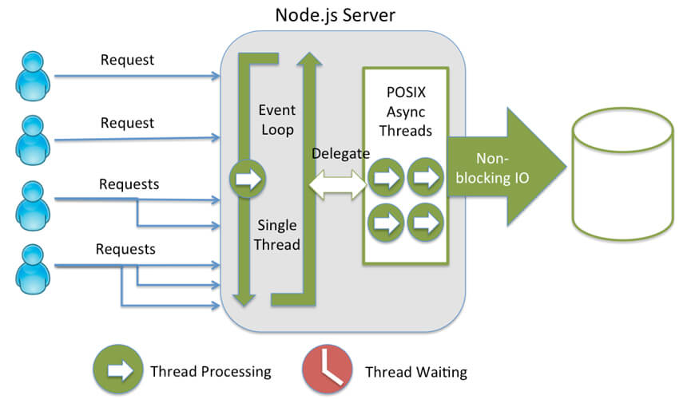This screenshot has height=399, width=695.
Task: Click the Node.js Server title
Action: coord(335,15)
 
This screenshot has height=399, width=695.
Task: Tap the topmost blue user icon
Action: coord(33,76)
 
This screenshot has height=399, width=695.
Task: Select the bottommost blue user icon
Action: coord(33,269)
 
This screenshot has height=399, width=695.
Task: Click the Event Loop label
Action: coord(277,120)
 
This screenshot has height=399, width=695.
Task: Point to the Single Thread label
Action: coord(277,235)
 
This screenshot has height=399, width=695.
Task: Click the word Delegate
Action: coord(340,154)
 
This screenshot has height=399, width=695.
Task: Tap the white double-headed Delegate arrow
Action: coord(338,184)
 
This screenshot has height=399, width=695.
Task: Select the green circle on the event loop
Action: coord(248,179)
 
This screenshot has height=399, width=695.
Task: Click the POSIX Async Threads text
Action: coord(406,112)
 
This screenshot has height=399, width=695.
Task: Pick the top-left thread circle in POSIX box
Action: coord(386,178)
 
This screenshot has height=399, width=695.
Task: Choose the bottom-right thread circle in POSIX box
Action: coord(426,223)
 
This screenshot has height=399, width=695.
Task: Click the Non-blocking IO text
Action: coord(492,168)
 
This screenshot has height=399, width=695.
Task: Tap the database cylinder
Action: coord(623,174)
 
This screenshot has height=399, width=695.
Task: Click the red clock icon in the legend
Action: coord(327,369)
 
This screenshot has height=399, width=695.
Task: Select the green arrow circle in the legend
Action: coord(118,369)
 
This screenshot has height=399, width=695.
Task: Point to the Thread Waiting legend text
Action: coord(416,372)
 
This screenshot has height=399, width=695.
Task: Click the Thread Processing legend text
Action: coord(211,372)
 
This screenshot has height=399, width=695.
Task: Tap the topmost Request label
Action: coord(127,60)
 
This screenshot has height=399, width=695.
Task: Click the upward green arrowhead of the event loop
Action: coord(309,59)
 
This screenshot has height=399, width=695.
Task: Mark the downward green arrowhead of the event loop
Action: coord(244,300)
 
